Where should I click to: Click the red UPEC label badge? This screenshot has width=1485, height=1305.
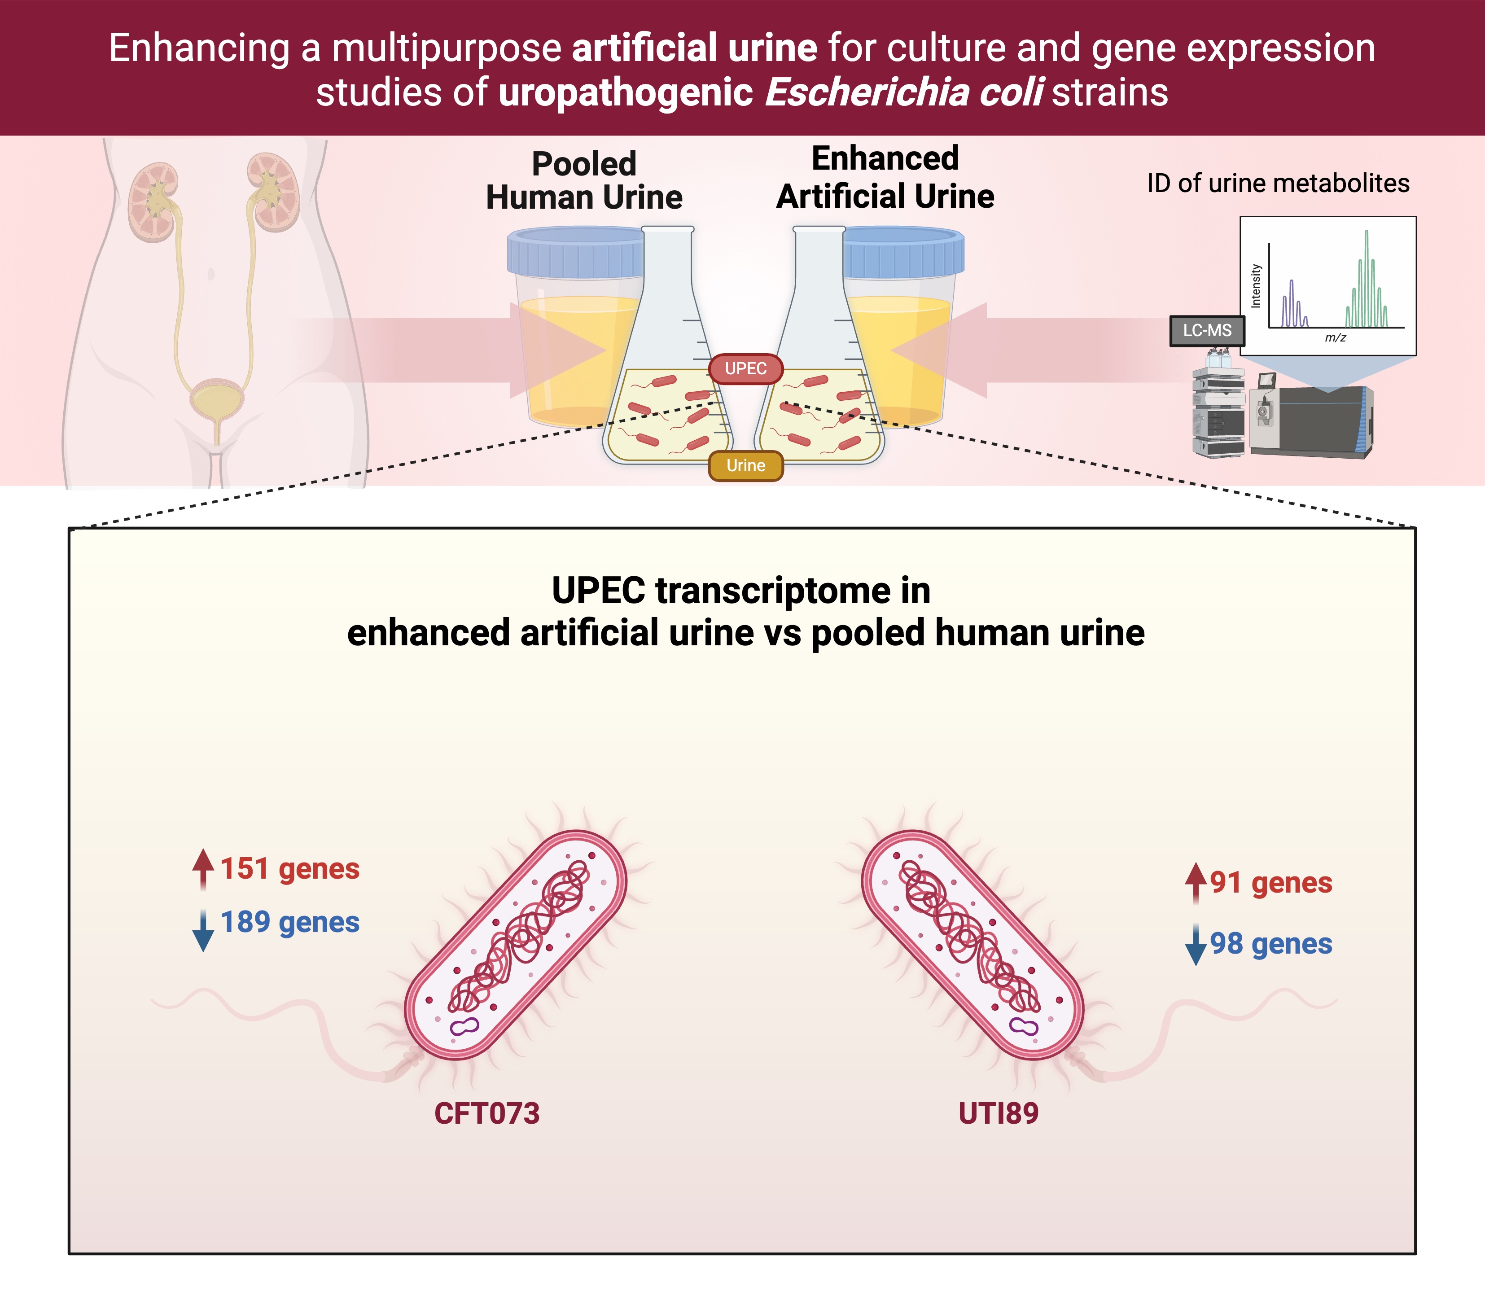pyautogui.click(x=745, y=368)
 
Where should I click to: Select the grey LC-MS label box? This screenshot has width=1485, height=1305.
pyautogui.click(x=1207, y=331)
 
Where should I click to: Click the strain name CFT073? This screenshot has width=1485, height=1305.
pyautogui.click(x=487, y=1113)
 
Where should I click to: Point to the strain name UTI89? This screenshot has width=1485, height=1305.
pyautogui.click(x=998, y=1113)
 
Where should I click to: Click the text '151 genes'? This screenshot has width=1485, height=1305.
pyautogui.click(x=290, y=868)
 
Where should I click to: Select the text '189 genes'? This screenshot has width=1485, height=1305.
pyautogui.click(x=290, y=922)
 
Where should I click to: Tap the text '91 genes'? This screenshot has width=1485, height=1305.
pyautogui.click(x=1270, y=882)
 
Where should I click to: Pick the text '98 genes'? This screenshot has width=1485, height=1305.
pyautogui.click(x=1270, y=943)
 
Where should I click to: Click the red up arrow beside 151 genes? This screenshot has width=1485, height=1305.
pyautogui.click(x=203, y=868)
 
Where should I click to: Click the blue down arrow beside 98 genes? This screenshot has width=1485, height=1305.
pyautogui.click(x=1195, y=945)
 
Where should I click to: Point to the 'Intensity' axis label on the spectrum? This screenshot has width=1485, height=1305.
pyautogui.click(x=1255, y=285)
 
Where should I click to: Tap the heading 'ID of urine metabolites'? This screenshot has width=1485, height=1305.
pyautogui.click(x=1278, y=183)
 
